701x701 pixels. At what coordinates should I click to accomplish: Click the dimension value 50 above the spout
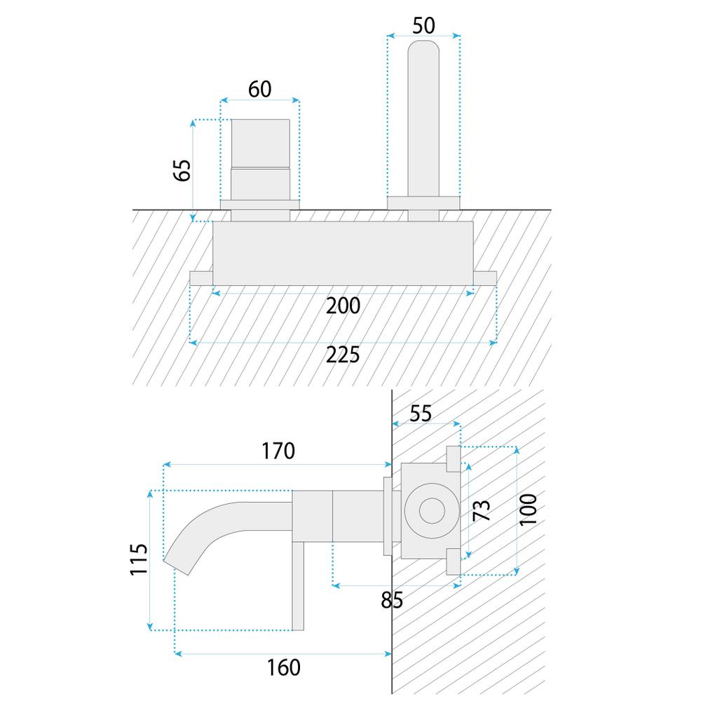click(x=423, y=25)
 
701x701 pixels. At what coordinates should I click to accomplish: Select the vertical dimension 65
click(x=182, y=170)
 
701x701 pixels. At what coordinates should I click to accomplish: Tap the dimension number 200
click(x=343, y=306)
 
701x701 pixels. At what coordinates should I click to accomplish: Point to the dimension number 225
click(x=343, y=355)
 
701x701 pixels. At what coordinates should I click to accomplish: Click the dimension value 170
click(x=278, y=451)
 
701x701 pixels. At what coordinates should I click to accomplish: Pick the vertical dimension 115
click(x=139, y=559)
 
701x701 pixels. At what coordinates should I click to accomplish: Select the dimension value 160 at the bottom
click(x=283, y=667)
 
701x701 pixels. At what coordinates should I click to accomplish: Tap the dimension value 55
click(x=421, y=413)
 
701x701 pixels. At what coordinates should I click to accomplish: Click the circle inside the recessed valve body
click(x=428, y=510)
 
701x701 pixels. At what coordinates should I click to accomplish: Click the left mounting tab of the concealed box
click(x=201, y=278)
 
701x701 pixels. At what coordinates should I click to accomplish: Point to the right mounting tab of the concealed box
click(x=486, y=278)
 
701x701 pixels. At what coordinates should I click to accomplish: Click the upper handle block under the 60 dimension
click(x=260, y=143)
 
